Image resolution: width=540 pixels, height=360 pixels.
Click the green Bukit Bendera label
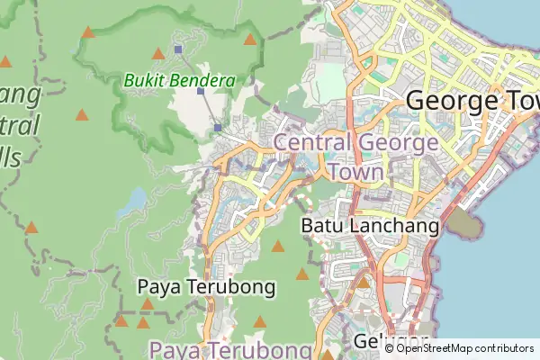[x=179, y=80]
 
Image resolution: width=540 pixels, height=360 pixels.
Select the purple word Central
[x=311, y=142]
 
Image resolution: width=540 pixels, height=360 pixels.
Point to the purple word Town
[x=357, y=171]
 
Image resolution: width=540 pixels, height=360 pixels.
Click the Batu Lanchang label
[x=370, y=225]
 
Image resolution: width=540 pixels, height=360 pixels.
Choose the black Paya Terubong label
[x=206, y=286]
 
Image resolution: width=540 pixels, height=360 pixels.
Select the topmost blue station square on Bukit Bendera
[x=178, y=49]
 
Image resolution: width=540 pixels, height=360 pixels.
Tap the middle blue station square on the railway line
[x=201, y=91]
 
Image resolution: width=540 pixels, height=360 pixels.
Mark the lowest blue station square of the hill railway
[x=218, y=128]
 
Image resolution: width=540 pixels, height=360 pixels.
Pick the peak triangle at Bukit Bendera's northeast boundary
[x=249, y=39]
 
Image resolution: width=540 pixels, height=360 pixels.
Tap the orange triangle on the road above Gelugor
[x=364, y=283]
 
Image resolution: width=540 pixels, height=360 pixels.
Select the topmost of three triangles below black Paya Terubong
[x=146, y=304]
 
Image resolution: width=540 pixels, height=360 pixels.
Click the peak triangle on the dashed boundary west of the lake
[x=32, y=227]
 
